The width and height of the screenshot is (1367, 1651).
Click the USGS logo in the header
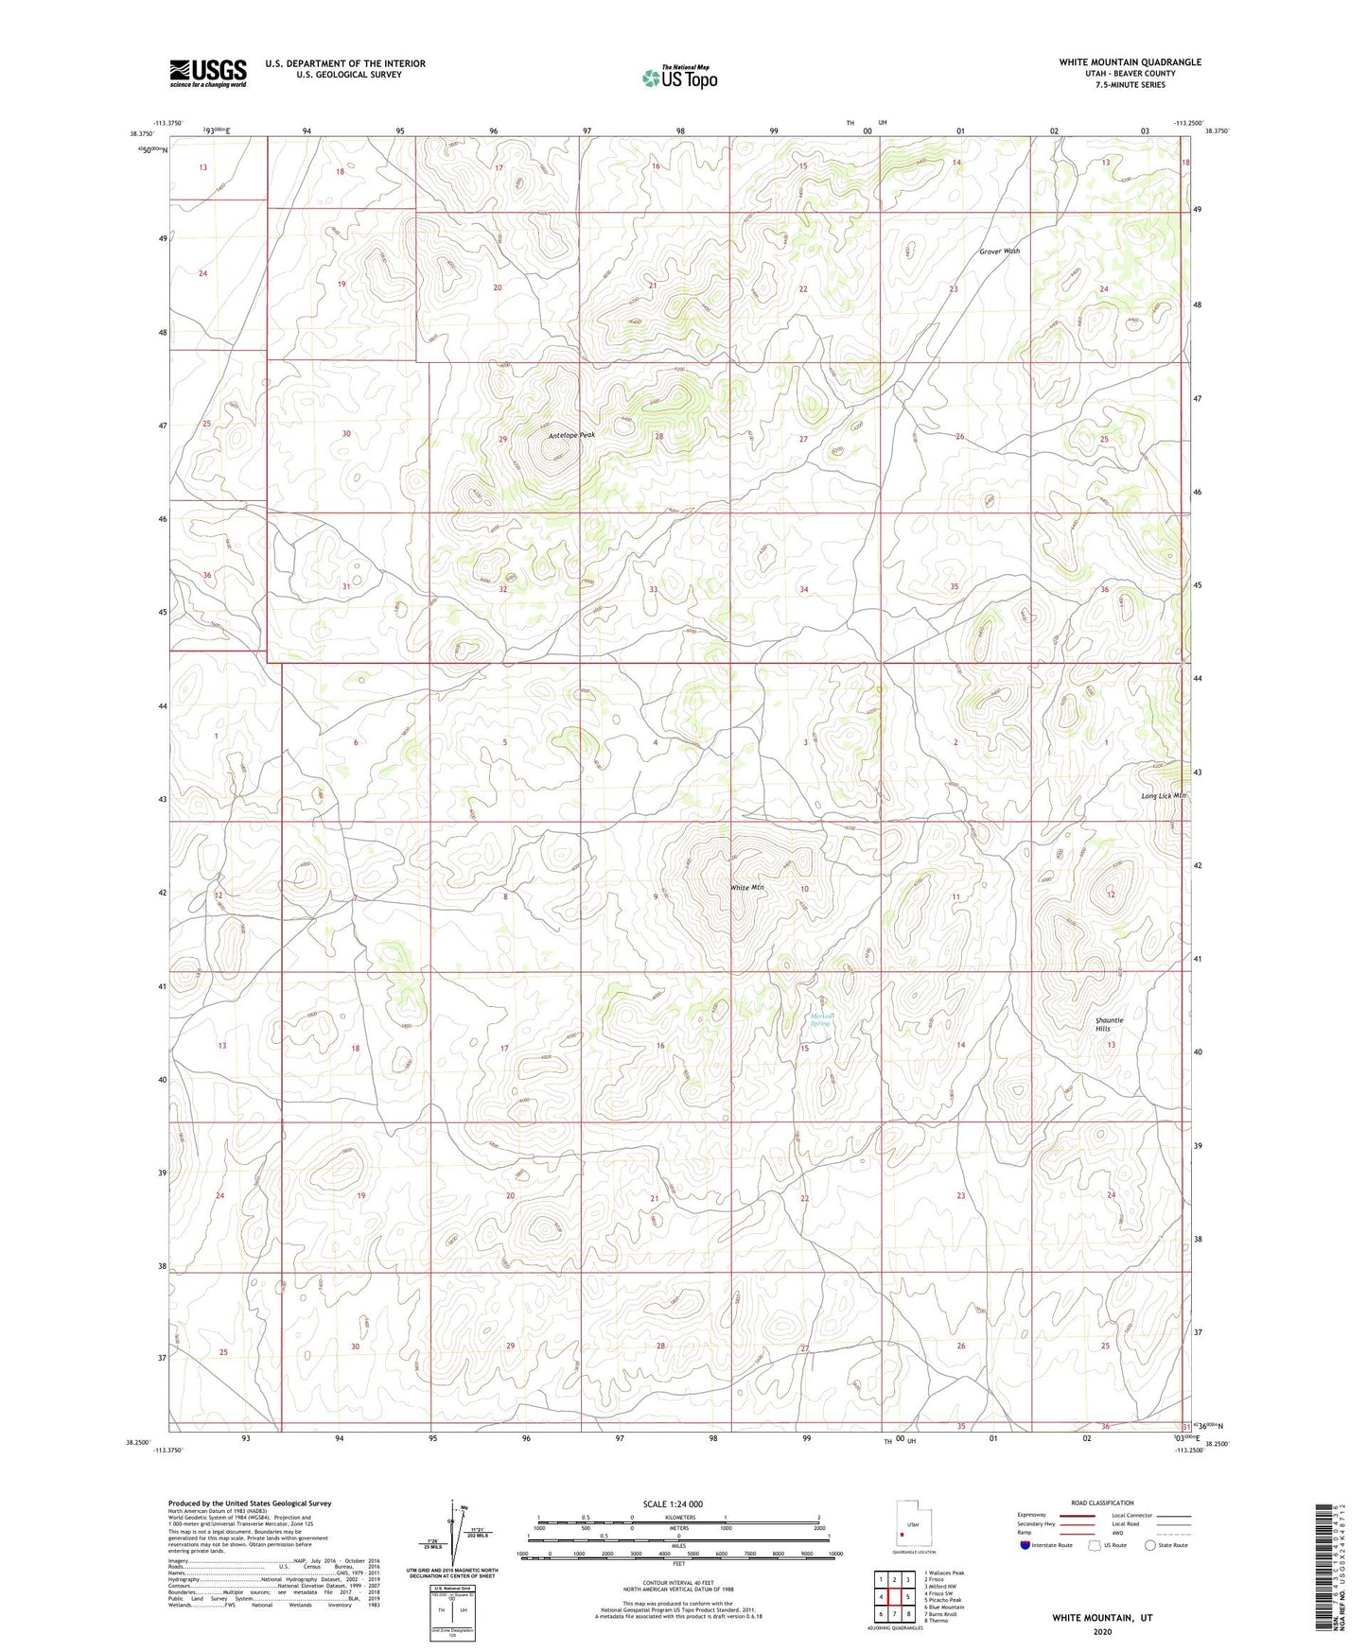(208, 73)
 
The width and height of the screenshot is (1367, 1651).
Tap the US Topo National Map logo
(679, 78)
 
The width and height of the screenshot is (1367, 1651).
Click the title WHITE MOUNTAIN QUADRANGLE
(1130, 62)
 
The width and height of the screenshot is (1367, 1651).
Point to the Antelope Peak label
(572, 435)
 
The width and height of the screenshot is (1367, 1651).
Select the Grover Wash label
(1000, 252)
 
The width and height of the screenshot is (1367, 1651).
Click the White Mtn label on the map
(746, 888)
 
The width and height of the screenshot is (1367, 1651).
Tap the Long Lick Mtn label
(1163, 796)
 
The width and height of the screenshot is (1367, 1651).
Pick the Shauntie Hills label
(1109, 1024)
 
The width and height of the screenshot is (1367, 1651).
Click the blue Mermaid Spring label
(820, 1020)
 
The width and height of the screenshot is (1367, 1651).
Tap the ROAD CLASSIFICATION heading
(1102, 1503)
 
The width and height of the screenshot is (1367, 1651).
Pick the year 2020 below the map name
(1101, 1631)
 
